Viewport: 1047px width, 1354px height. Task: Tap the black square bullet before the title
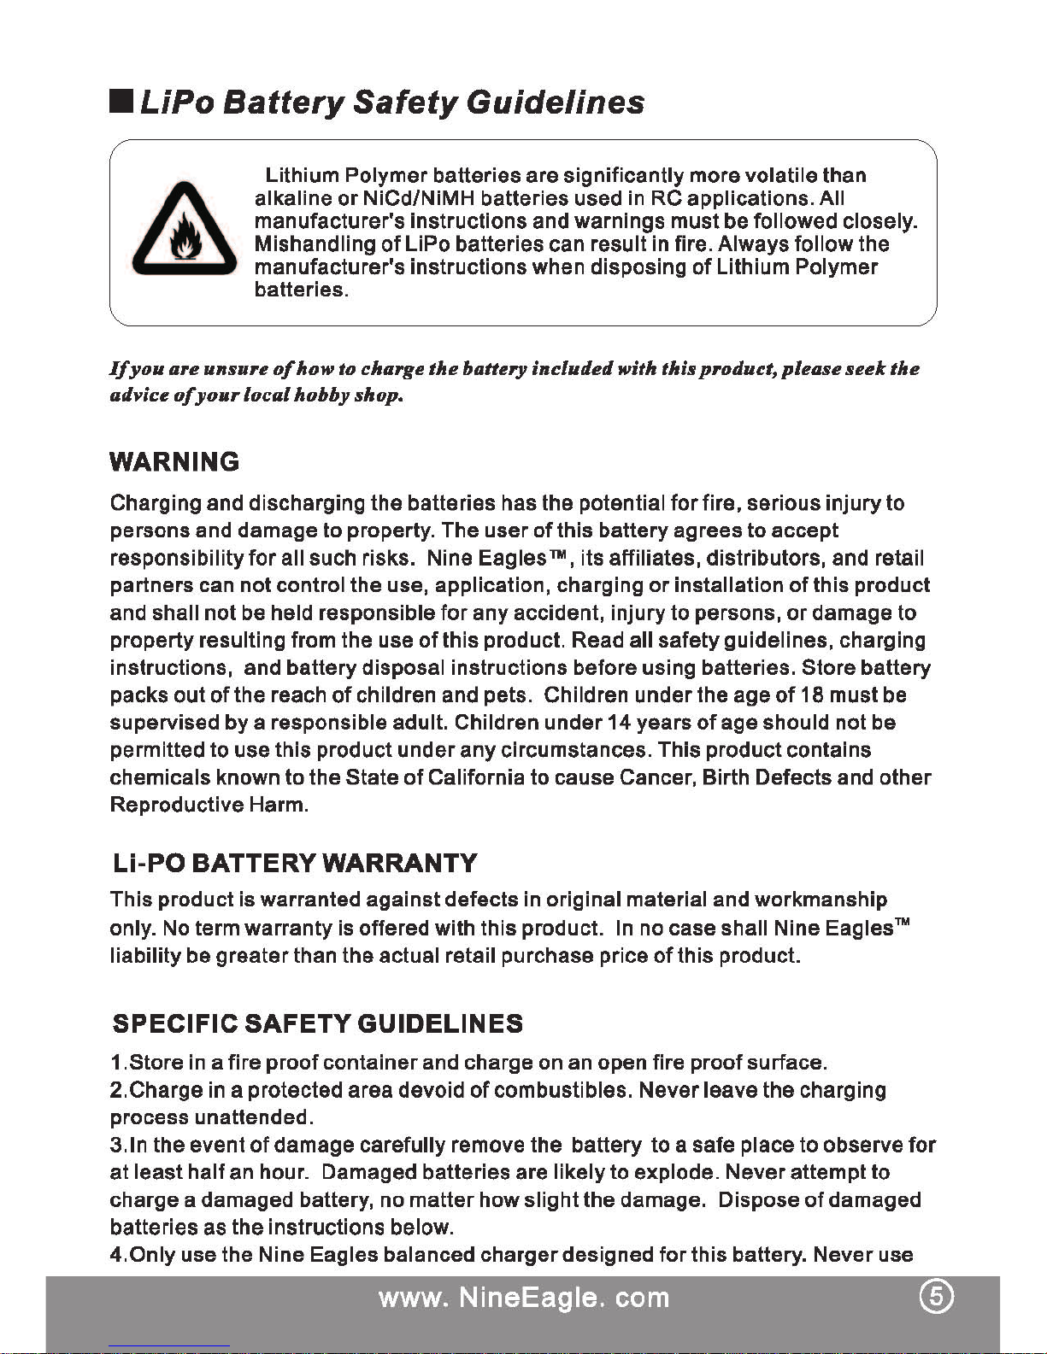tap(120, 103)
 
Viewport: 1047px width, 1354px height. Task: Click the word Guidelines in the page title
tap(556, 103)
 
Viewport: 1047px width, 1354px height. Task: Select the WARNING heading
tap(174, 462)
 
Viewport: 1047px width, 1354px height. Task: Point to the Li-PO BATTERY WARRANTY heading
tap(295, 863)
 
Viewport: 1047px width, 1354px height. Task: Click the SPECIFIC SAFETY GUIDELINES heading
tap(318, 1023)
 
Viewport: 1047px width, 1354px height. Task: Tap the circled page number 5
tap(938, 1297)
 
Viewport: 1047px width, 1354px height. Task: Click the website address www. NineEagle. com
tap(524, 1298)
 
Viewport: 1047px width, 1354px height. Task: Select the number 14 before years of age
tap(618, 722)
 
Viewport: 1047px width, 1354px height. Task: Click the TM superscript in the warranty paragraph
tap(902, 922)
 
